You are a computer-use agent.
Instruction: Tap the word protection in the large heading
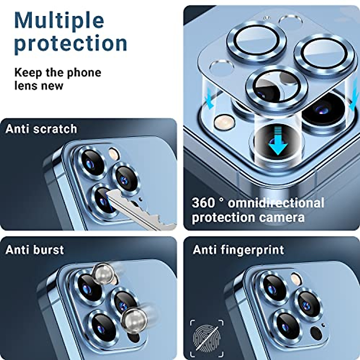pyautogui.click(x=71, y=43)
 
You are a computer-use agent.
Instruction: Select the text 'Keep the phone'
pyautogui.click(x=58, y=73)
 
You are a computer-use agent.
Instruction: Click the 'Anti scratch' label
pyautogui.click(x=41, y=129)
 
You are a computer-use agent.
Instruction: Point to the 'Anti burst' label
pyautogui.click(x=35, y=250)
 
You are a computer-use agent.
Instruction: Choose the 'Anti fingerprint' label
pyautogui.click(x=238, y=250)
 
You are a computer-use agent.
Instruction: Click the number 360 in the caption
pyautogui.click(x=203, y=203)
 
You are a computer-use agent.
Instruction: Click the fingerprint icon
pyautogui.click(x=207, y=333)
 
